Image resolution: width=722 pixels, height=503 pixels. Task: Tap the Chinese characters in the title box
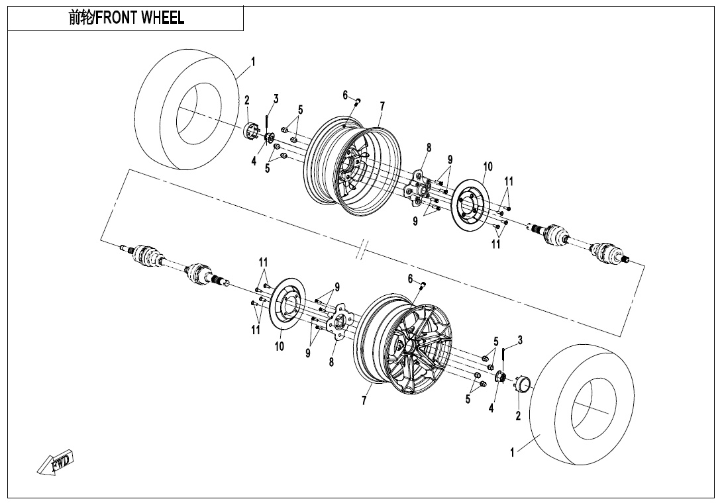[81, 18]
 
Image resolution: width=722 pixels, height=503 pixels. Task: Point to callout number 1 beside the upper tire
[252, 62]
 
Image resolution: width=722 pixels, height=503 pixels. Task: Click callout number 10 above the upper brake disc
[488, 167]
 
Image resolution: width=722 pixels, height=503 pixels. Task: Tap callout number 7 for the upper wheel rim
[382, 106]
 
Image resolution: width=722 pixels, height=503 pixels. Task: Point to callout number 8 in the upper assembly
[429, 148]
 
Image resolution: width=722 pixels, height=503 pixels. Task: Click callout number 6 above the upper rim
[345, 95]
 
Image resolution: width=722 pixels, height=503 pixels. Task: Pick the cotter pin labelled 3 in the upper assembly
[266, 120]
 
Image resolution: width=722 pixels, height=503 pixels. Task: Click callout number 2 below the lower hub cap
[518, 416]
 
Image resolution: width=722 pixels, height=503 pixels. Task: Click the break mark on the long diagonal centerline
[361, 251]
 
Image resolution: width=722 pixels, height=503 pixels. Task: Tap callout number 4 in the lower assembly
[491, 408]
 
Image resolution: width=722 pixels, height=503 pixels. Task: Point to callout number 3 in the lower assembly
[520, 340]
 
